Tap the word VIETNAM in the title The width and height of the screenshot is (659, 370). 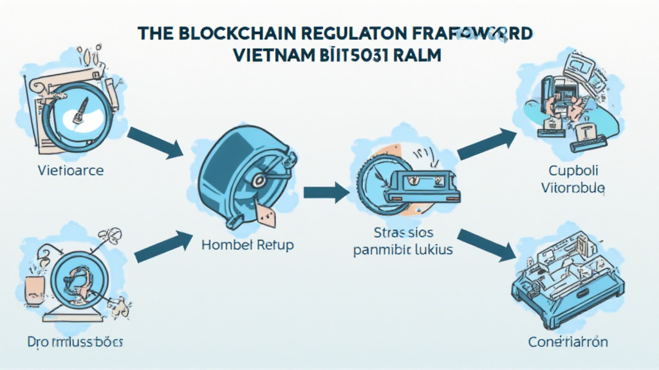(273, 55)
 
